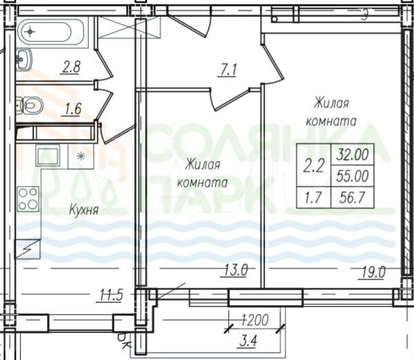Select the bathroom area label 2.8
click(x=70, y=67)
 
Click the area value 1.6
click(x=72, y=108)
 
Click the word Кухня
click(x=83, y=208)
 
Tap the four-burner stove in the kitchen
click(x=27, y=199)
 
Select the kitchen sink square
click(x=48, y=156)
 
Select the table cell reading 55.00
click(x=352, y=176)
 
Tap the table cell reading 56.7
click(x=352, y=199)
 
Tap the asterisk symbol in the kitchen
click(x=82, y=155)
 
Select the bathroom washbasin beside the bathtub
click(x=23, y=60)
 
